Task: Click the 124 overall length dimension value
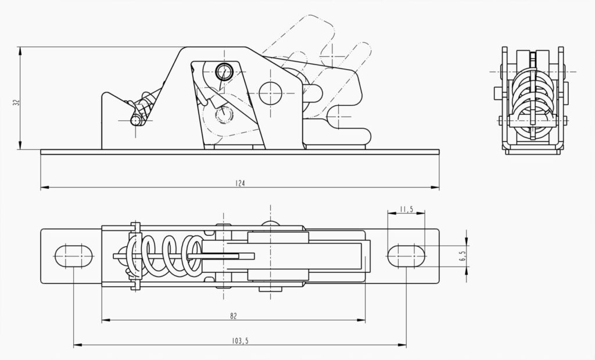(240, 183)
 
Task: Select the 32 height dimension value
(16, 102)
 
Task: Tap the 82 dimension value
(233, 316)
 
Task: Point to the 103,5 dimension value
(239, 341)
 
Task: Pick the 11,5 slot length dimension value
(406, 209)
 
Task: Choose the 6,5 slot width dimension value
(463, 256)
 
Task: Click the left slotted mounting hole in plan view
(74, 255)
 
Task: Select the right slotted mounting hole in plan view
(406, 255)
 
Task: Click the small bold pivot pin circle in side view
(224, 72)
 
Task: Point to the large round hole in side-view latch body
(270, 93)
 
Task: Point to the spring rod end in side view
(136, 121)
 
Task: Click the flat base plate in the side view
(240, 152)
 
